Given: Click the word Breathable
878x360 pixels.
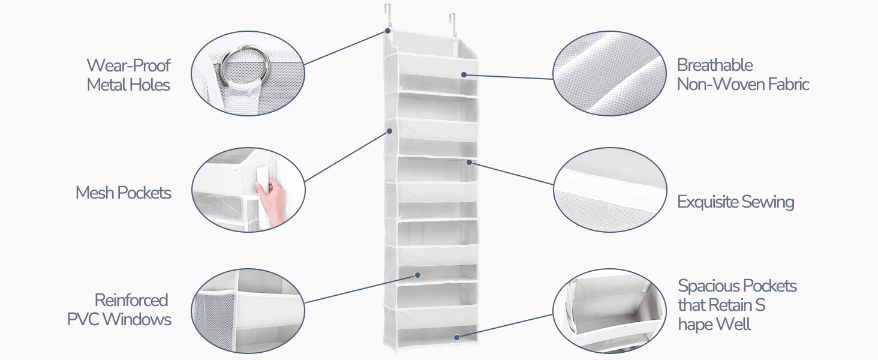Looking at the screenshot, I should (714, 65).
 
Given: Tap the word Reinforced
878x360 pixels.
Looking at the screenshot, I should (131, 300).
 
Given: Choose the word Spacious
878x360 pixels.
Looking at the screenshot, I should (708, 286).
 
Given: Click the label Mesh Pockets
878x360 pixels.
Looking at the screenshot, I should (123, 193).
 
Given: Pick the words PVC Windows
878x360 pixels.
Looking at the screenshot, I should (119, 319).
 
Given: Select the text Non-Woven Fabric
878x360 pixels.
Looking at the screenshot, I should (743, 85).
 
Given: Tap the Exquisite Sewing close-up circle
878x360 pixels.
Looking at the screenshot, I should (610, 190).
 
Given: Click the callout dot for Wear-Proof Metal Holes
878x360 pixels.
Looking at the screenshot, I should (388, 30).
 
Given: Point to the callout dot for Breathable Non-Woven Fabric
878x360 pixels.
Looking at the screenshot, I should (464, 74).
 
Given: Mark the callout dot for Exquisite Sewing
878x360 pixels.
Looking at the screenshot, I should (469, 161).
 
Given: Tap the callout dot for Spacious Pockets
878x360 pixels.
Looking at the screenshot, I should (456, 338).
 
